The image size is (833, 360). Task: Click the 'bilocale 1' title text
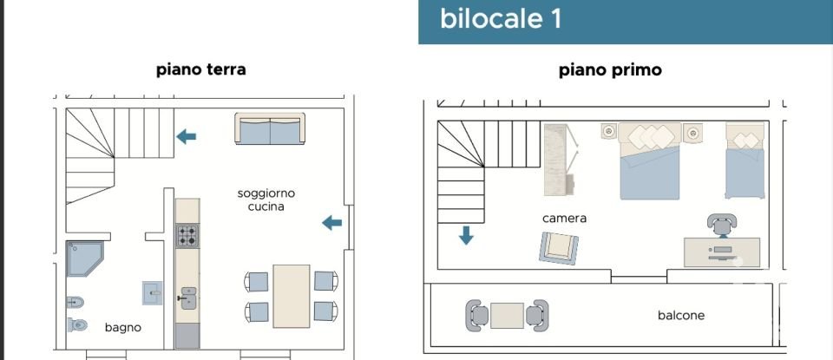coord(500,19)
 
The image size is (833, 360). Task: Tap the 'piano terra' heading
coord(200,69)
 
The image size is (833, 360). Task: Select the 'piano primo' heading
coord(610,69)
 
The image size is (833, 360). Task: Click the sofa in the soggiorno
coord(270,129)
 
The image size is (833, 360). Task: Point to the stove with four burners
coord(187,235)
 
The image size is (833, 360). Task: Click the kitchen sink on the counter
coord(187,299)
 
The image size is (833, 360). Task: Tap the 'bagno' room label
coord(122,328)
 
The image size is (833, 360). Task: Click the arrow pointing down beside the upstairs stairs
coord(466,235)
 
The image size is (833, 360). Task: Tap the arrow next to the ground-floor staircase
coord(186,136)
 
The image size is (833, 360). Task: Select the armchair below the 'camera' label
coord(555,248)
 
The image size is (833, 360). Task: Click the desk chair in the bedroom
coord(723,225)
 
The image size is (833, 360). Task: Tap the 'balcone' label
coord(681,316)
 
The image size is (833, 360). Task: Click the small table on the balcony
coord(507,315)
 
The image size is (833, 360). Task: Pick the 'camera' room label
coord(564,219)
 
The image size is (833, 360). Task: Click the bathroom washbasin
coord(153,293)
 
